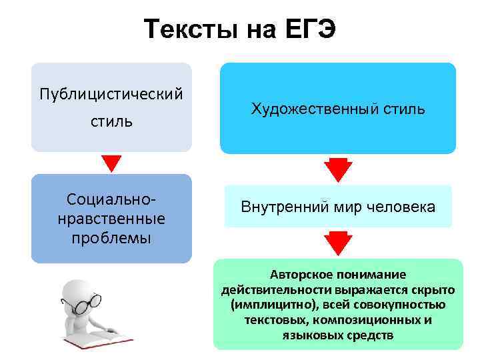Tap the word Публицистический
pos(111,91)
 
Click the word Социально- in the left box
pos(111,199)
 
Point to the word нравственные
pos(111,219)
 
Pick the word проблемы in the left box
pos(111,238)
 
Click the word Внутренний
pos(284,207)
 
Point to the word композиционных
pos(369,319)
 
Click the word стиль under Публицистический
pos(111,121)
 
